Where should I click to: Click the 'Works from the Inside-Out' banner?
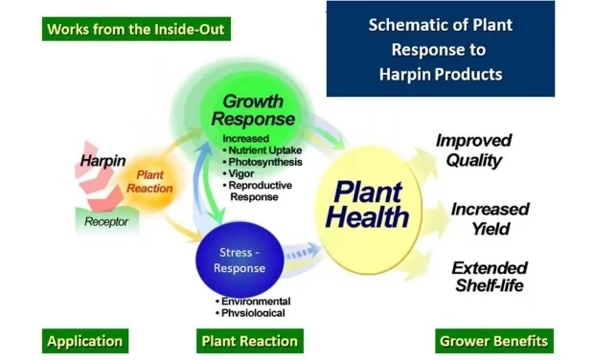[136, 29]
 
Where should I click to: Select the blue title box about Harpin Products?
[440, 50]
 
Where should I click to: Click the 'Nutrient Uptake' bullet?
[263, 150]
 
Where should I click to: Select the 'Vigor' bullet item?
[240, 174]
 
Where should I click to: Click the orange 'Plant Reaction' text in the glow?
[154, 182]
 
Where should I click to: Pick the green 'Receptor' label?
[106, 221]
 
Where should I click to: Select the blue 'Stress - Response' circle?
[239, 260]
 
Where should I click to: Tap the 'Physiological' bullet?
[252, 311]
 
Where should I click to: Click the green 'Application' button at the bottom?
[85, 341]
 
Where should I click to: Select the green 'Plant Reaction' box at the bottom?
[249, 341]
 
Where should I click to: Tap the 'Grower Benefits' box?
[493, 341]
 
